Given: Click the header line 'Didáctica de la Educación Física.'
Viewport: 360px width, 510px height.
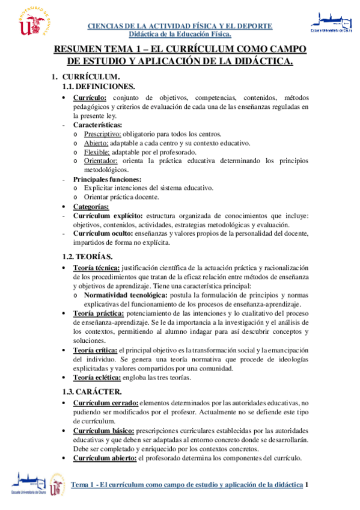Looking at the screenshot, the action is [x=180, y=34].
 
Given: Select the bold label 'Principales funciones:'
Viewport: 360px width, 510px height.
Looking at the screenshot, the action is [x=107, y=179].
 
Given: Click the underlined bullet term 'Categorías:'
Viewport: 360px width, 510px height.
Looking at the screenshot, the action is [x=91, y=206].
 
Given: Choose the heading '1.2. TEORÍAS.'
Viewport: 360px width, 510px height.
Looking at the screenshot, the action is [x=88, y=257].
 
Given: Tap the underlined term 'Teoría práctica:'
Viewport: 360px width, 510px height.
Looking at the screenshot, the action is [x=99, y=313].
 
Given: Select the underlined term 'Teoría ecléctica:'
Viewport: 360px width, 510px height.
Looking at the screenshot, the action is [x=97, y=378].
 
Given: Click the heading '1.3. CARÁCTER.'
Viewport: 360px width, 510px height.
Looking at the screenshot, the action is [x=92, y=392].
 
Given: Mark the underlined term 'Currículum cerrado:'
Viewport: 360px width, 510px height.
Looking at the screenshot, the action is [x=106, y=402].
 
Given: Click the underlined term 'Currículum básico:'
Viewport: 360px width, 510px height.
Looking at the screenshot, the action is [x=105, y=431].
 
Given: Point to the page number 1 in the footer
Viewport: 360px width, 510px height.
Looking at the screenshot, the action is [x=307, y=485].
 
